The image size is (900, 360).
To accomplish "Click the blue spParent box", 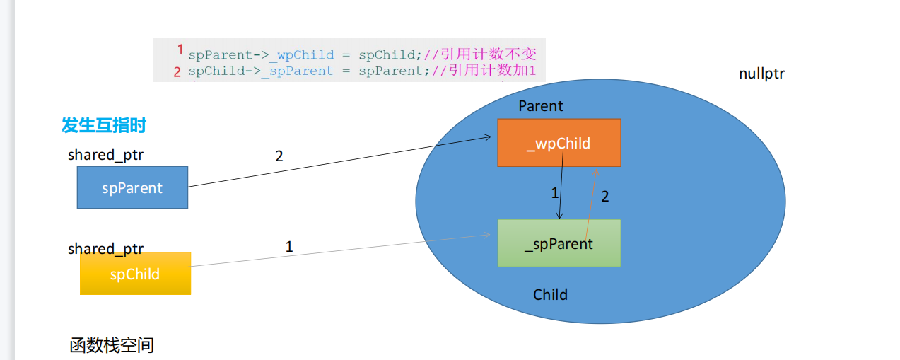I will tap(132, 187).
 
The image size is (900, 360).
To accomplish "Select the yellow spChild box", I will tap(135, 274).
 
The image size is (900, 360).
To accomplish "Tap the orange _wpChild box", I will tap(559, 143).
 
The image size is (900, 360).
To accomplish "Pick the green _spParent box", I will tap(559, 243).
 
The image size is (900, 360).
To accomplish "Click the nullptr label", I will tap(761, 74).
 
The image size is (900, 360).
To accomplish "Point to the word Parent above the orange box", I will tap(541, 106).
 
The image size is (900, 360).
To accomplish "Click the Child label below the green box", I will tap(550, 294).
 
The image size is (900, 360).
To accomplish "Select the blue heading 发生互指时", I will tap(104, 126).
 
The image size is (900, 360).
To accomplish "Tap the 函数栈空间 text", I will tap(112, 345).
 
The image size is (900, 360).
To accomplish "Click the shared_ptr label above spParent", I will tap(106, 155).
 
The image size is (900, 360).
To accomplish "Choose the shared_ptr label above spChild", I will tap(106, 248).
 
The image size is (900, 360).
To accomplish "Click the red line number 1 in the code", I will tap(180, 50).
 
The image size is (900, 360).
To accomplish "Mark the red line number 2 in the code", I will tap(177, 71).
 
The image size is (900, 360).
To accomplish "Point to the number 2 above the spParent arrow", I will tap(279, 156).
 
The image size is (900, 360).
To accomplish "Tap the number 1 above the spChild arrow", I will tap(288, 247).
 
